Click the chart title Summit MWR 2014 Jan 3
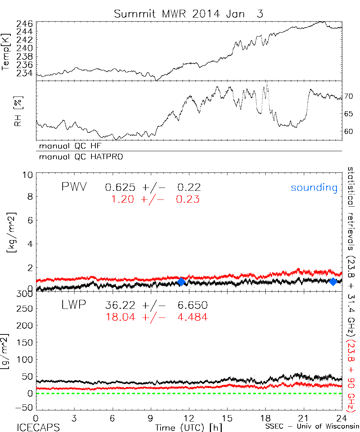pos(189,14)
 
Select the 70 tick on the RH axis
pos(348,96)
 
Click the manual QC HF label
pos(73,147)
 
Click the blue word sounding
pos(314,188)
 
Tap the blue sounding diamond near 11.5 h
pos(181,282)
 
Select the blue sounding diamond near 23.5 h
pos(333,282)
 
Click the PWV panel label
pos(74,187)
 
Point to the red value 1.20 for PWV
pos(121,199)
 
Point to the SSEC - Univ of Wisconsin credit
pos(311,427)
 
